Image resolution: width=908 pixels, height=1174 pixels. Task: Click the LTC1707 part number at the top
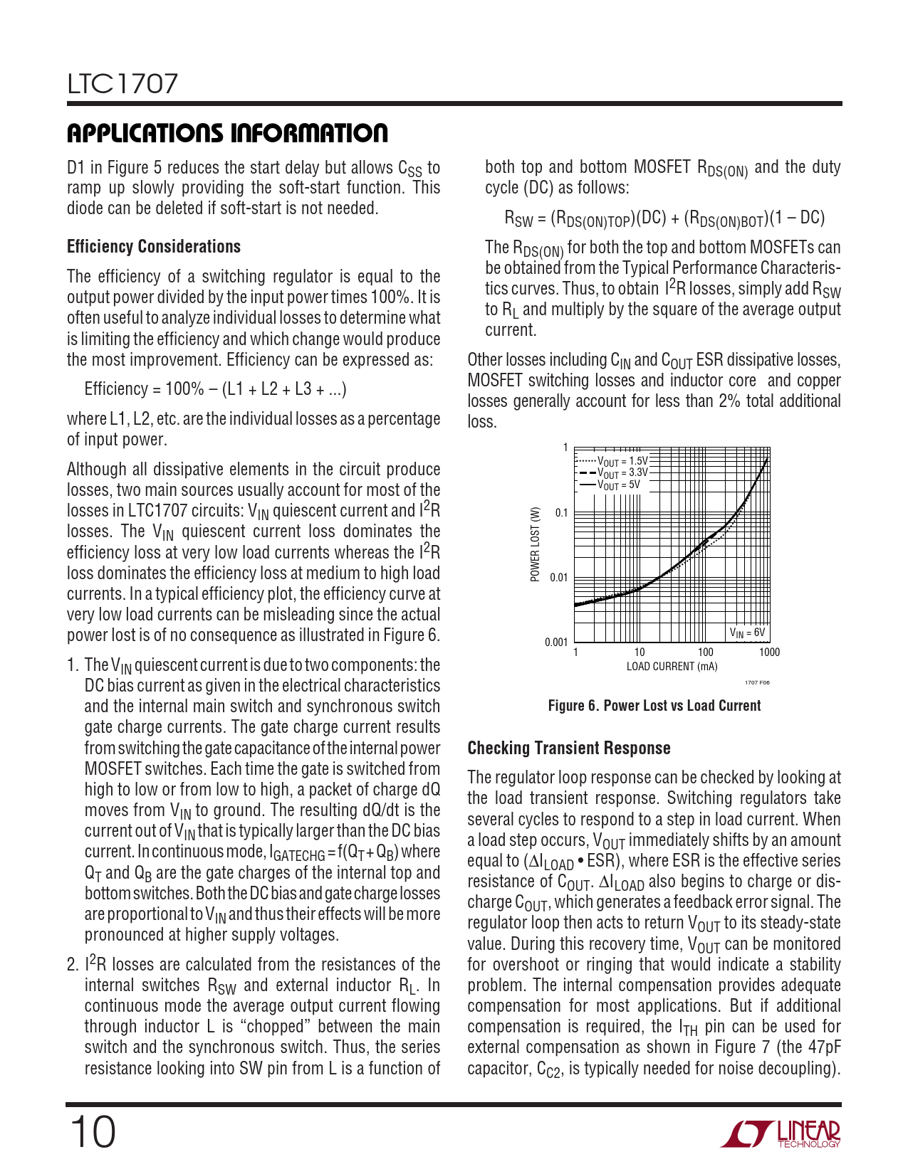pyautogui.click(x=122, y=84)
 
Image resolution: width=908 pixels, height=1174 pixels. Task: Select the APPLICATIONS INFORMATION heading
pyautogui.click(x=227, y=133)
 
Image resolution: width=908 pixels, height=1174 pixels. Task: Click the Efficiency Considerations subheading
pyautogui.click(x=154, y=247)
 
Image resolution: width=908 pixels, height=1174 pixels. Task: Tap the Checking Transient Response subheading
pyautogui.click(x=569, y=748)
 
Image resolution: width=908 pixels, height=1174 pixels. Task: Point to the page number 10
pyautogui.click(x=92, y=1132)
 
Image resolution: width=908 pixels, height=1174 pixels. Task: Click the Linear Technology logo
pyautogui.click(x=781, y=1133)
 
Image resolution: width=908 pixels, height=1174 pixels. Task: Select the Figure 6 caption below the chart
pyautogui.click(x=654, y=706)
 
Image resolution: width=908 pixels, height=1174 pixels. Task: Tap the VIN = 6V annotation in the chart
pyautogui.click(x=747, y=632)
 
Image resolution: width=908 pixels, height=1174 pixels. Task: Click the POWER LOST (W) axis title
pyautogui.click(x=536, y=544)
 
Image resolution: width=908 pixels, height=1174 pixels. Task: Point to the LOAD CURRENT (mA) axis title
pyautogui.click(x=672, y=667)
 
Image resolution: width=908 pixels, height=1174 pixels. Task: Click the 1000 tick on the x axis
pyautogui.click(x=769, y=652)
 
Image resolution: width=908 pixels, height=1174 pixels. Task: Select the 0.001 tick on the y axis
pyautogui.click(x=556, y=642)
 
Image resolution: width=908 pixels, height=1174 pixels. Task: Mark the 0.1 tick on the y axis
pyautogui.click(x=561, y=513)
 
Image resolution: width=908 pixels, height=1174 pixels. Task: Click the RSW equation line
pyautogui.click(x=664, y=218)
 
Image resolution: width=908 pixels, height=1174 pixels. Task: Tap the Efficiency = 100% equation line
pyautogui.click(x=215, y=389)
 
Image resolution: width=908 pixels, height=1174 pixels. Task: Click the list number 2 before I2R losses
pyautogui.click(x=72, y=966)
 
